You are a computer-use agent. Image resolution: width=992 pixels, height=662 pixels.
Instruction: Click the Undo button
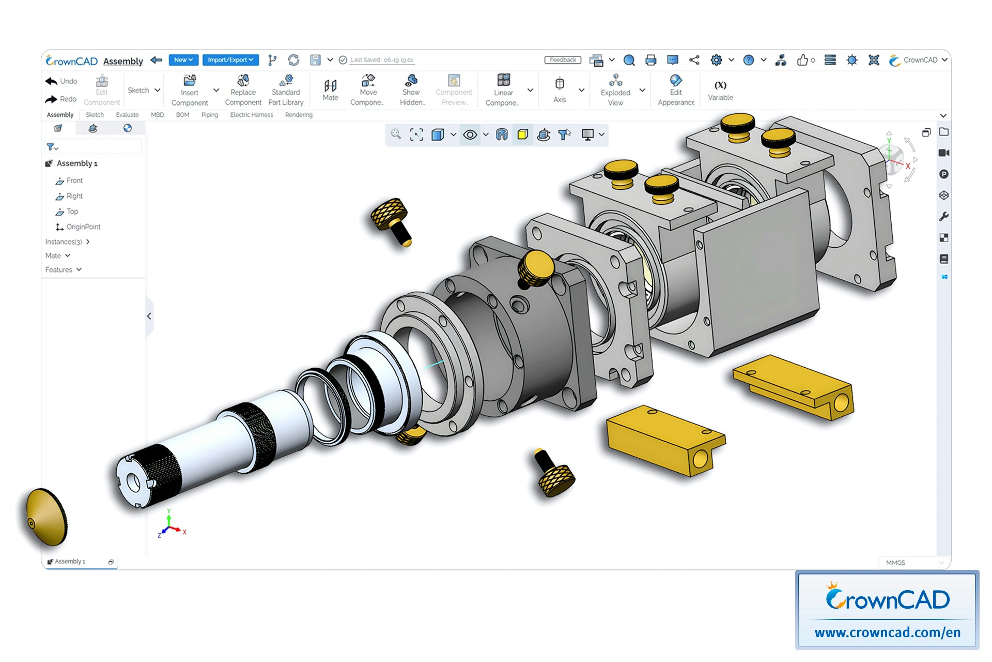[x=61, y=81]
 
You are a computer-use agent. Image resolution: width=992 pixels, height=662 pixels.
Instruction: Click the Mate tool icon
[x=330, y=89]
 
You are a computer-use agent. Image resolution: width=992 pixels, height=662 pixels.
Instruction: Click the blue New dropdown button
[x=183, y=60]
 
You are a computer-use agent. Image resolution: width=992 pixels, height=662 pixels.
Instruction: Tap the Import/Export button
[x=230, y=60]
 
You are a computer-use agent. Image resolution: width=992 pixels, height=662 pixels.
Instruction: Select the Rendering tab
[x=299, y=115]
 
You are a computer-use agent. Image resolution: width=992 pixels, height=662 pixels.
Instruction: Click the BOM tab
[x=182, y=115]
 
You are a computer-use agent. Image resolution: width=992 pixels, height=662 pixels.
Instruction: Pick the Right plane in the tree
[x=74, y=196]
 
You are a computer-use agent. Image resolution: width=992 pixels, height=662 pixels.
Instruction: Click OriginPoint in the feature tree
[x=83, y=227]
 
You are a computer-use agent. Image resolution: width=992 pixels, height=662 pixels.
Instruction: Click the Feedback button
[x=563, y=60]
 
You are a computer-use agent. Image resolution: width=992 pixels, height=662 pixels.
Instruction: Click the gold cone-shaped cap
[x=47, y=517]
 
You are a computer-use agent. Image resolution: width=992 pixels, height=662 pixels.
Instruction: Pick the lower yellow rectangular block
[x=664, y=440]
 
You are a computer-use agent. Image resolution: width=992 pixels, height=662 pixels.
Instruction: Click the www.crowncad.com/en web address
[x=887, y=632]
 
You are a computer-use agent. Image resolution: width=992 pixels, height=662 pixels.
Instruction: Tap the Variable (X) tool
[x=720, y=90]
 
